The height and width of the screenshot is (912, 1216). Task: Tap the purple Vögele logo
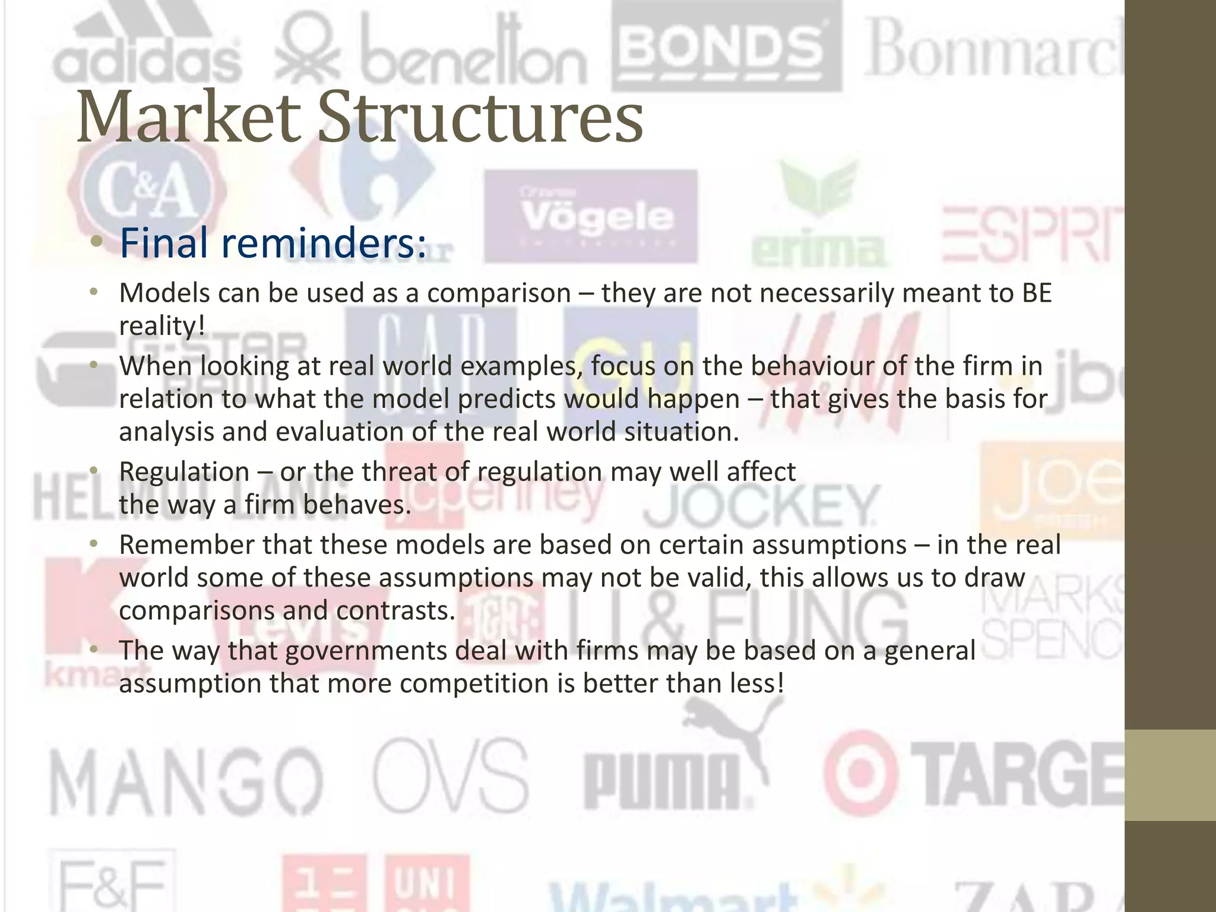(x=590, y=216)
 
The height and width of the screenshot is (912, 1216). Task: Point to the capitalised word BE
(x=1036, y=293)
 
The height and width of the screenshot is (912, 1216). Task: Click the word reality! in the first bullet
(x=162, y=325)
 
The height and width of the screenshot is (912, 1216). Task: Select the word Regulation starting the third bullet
(x=184, y=472)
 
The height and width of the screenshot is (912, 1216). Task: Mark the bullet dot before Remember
(x=93, y=544)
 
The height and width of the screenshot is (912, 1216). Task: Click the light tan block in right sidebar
(x=1170, y=775)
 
